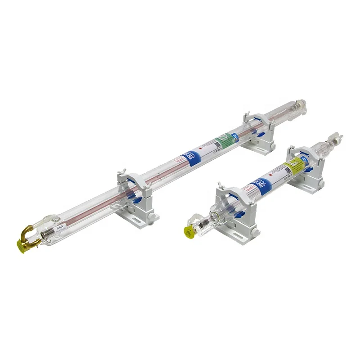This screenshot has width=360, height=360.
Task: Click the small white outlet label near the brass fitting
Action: coord(59,229)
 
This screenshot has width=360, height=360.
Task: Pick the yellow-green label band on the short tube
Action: coord(294,164)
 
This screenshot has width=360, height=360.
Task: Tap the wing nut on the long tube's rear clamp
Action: coord(246,117)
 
